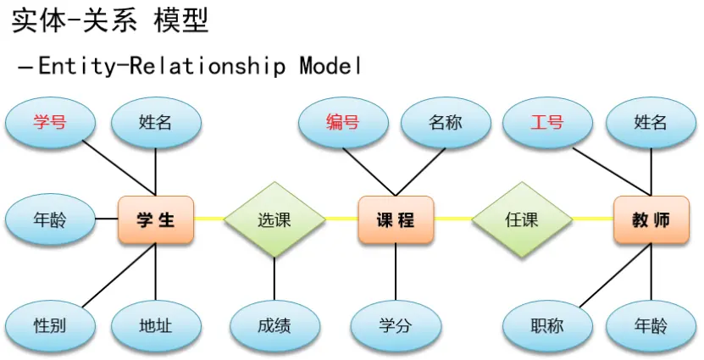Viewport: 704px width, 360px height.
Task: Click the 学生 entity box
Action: [x=156, y=220]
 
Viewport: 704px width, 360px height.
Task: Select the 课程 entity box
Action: [x=396, y=220]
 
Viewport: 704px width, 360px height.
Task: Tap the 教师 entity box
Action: [x=651, y=220]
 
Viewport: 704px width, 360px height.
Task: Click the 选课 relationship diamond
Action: [x=274, y=219]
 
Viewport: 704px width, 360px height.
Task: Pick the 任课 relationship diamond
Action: [x=522, y=219]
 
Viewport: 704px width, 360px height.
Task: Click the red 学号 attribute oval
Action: [x=50, y=122]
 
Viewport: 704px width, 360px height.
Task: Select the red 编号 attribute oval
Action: [x=343, y=122]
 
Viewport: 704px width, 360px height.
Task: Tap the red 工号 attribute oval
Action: [x=547, y=122]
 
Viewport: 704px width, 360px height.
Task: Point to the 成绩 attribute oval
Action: [x=274, y=325]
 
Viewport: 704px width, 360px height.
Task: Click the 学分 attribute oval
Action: [x=396, y=325]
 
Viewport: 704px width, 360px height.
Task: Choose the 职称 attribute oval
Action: [x=547, y=325]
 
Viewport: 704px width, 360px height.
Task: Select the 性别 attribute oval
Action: [x=50, y=325]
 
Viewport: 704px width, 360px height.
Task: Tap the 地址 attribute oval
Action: [x=156, y=325]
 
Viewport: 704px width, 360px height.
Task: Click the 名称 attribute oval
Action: [x=446, y=122]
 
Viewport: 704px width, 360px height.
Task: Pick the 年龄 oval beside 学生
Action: [x=50, y=220]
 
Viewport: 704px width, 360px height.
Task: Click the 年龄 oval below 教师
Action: [x=651, y=325]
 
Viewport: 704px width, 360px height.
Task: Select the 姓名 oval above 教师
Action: [x=651, y=122]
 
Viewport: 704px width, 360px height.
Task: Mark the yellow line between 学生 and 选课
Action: [x=209, y=219]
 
